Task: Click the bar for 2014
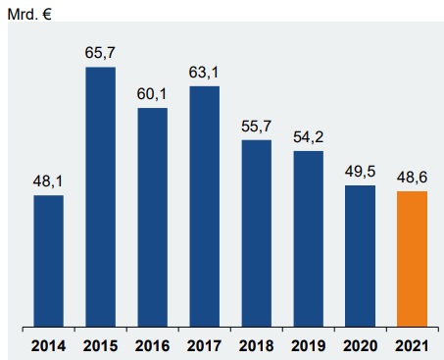pos(48,260)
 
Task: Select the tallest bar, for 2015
pos(100,196)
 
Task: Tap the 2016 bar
pos(152,216)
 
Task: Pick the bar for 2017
pos(204,206)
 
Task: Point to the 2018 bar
pos(256,232)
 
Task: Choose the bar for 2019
pos(308,237)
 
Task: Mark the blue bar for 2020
pos(360,255)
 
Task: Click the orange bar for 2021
pos(412,258)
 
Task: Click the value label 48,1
pos(48,181)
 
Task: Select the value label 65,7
pos(100,54)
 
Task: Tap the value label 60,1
pos(152,94)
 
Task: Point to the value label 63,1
pos(204,73)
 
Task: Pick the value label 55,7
pos(256,127)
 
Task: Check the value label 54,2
pos(308,137)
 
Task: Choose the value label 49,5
pos(360,172)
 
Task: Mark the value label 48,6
pos(412,178)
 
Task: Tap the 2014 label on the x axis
pos(48,344)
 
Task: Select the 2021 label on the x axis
pos(412,344)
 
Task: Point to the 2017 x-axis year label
pos(204,344)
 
